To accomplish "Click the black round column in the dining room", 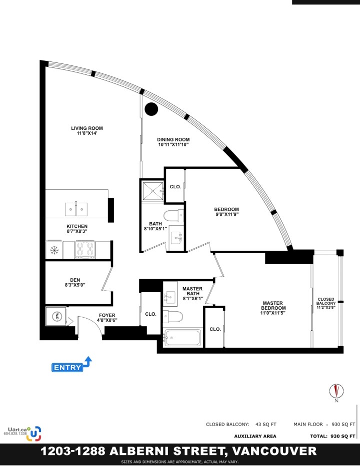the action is (151, 109).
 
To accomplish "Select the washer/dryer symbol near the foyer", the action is (56, 316).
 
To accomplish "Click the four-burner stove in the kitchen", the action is (85, 249).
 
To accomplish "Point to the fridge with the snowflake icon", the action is (54, 250).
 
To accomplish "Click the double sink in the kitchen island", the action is (76, 209).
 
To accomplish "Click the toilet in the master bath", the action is (173, 316).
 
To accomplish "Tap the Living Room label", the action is (87, 128).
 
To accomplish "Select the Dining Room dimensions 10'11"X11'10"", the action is (173, 145).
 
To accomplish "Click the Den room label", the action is (75, 280).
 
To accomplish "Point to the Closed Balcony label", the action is (326, 301).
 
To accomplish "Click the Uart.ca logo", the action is (22, 434).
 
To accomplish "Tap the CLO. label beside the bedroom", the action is (175, 187).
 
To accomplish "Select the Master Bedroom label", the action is (273, 306).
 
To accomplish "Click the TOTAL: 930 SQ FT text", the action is (332, 436).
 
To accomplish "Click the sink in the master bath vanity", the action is (169, 297).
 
